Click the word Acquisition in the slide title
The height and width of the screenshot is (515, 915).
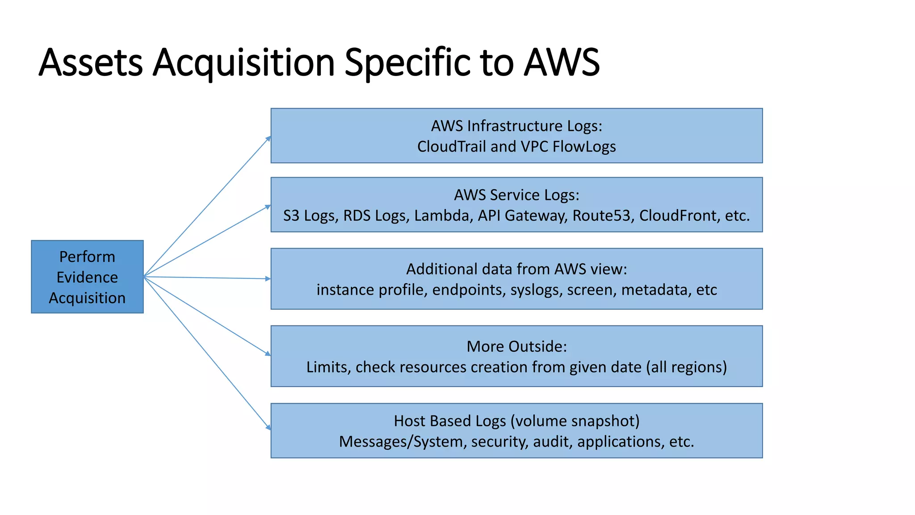coord(243,63)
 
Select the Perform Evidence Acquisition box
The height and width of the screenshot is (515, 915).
coord(87,277)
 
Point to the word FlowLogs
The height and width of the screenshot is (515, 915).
coord(584,147)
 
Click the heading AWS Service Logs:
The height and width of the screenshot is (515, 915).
coord(516,195)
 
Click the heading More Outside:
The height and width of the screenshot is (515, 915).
coord(516,346)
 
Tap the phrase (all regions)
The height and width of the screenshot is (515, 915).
coord(687,367)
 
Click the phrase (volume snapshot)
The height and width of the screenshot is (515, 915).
coord(575,421)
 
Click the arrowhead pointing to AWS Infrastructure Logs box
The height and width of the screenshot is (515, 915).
coord(268,139)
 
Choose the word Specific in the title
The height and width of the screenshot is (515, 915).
coord(407,63)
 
